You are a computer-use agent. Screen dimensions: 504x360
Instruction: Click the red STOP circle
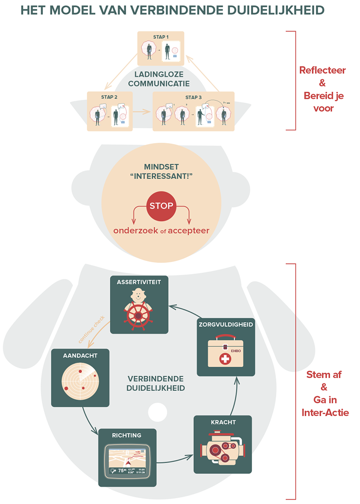(161, 207)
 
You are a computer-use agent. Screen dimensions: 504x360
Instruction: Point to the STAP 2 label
(109, 97)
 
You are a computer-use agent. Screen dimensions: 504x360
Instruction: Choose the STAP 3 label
(194, 97)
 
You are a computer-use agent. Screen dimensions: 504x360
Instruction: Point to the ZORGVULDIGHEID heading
(226, 324)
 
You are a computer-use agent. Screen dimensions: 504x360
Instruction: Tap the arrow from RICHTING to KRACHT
(175, 459)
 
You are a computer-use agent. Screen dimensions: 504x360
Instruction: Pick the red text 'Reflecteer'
(322, 71)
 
